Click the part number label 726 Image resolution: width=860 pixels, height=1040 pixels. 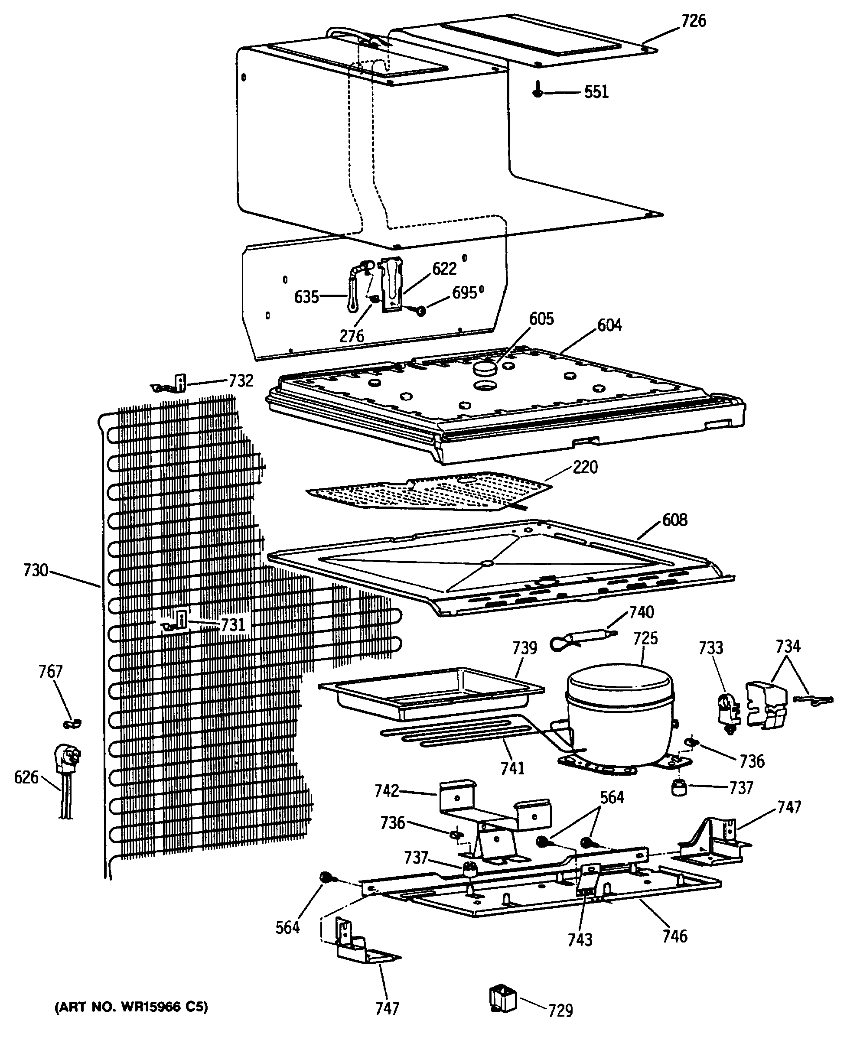[693, 21]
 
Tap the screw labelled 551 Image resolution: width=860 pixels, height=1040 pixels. [537, 92]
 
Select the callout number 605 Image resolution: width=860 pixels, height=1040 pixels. [541, 319]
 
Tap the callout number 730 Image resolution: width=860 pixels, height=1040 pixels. [36, 571]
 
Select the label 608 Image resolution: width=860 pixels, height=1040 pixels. [675, 520]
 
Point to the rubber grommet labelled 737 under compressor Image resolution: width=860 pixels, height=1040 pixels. [679, 788]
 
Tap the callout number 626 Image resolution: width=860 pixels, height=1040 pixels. [26, 778]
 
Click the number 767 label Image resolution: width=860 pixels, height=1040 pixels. [51, 672]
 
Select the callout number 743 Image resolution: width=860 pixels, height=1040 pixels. [580, 939]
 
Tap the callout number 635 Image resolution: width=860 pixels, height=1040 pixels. [306, 297]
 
